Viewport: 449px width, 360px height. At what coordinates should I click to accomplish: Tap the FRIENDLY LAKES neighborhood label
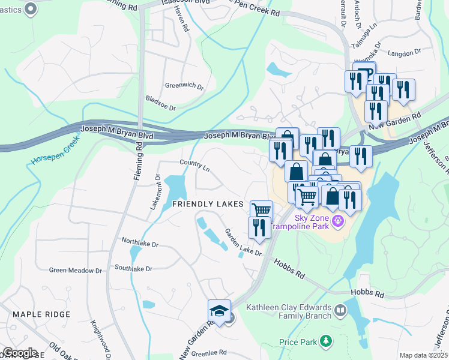[208, 204]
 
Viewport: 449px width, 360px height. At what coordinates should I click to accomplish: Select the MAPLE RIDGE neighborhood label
[41, 314]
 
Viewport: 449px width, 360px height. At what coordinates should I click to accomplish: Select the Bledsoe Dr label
[160, 103]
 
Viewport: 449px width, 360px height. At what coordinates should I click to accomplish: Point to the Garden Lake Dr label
[243, 242]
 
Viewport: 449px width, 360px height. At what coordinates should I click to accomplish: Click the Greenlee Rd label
[206, 352]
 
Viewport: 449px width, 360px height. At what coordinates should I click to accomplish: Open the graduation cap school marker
[219, 311]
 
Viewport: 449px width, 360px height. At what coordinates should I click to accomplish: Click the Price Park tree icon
[326, 341]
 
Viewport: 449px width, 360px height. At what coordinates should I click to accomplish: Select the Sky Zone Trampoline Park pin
[339, 221]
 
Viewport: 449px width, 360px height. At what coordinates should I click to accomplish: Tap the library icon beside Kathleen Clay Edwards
[340, 310]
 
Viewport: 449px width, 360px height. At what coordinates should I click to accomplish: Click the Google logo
[20, 353]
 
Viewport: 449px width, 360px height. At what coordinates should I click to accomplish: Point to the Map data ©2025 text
[423, 355]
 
